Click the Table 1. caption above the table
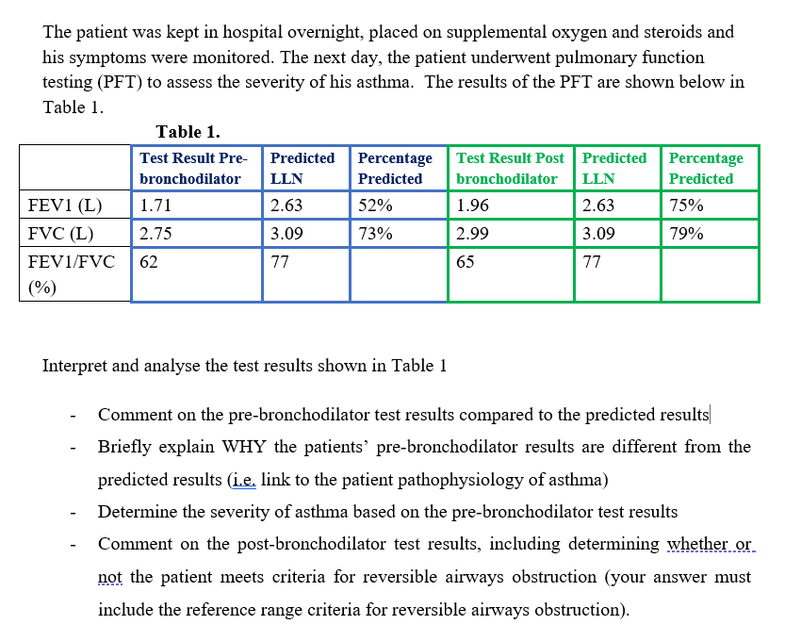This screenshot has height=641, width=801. (188, 132)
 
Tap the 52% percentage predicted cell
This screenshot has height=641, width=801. (375, 205)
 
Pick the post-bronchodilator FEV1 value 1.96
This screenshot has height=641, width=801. (472, 205)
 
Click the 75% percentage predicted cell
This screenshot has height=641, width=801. (686, 205)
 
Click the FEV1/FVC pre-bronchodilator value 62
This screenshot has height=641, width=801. (149, 263)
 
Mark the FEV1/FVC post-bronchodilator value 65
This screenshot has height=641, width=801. (466, 263)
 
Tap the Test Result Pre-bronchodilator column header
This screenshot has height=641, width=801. (192, 168)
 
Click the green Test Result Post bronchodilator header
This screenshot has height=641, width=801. (510, 168)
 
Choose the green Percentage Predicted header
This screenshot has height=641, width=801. (706, 168)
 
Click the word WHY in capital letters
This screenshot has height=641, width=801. (245, 447)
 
